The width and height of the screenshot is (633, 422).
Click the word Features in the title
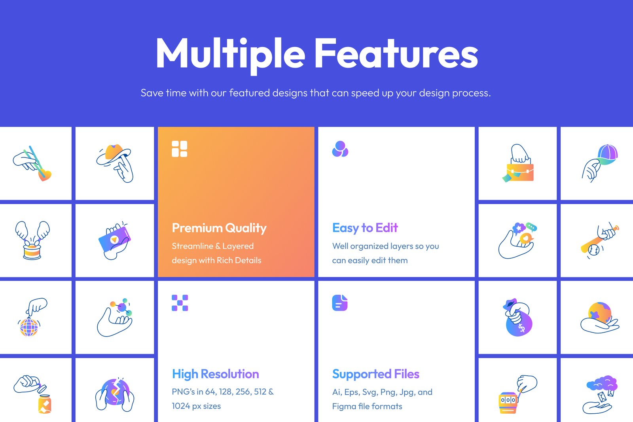(396, 53)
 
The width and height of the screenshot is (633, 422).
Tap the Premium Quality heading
(219, 228)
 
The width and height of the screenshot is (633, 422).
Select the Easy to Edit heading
(365, 228)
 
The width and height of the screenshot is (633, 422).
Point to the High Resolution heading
(215, 374)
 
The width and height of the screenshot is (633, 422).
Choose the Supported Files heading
(375, 374)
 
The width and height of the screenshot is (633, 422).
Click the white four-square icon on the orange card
(180, 149)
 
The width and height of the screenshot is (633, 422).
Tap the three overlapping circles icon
(340, 149)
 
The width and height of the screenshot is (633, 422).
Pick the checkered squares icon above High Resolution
(180, 303)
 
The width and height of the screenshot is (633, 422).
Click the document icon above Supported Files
(340, 303)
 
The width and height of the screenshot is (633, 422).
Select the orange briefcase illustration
(520, 172)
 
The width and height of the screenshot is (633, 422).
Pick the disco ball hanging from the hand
(28, 327)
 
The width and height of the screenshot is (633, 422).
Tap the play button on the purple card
(114, 240)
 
